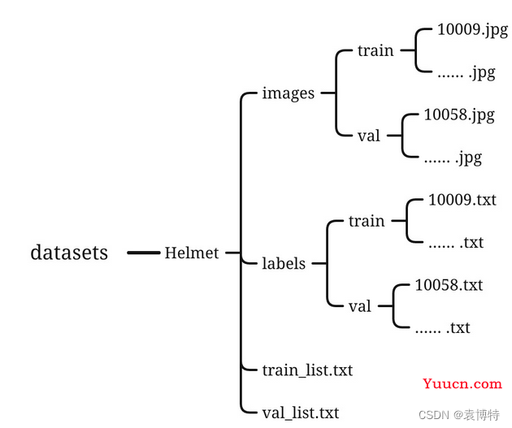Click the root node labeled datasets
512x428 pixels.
69,253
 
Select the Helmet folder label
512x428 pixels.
192,253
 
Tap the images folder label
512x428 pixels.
288,93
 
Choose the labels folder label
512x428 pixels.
284,263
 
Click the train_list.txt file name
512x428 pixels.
307,370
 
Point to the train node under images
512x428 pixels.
375,50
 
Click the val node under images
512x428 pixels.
368,136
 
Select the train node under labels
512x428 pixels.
367,221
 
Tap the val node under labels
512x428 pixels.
359,306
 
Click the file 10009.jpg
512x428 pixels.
472,31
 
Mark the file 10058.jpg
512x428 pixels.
459,115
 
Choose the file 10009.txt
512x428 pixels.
462,200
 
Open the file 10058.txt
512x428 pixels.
449,285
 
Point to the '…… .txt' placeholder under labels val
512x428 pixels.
442,327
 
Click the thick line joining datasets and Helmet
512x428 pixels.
143,253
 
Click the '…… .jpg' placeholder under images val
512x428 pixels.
453,158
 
